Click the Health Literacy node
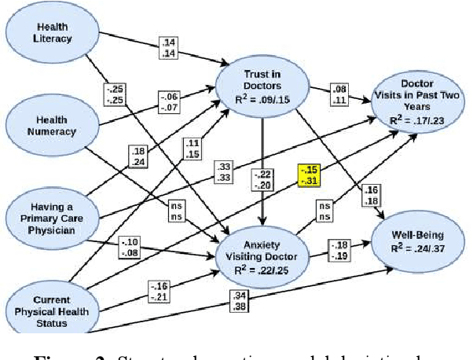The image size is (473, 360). [x=51, y=33]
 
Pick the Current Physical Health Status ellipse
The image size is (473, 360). [x=51, y=306]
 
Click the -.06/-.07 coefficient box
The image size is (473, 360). [x=168, y=101]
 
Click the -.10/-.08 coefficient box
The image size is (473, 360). [x=129, y=247]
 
